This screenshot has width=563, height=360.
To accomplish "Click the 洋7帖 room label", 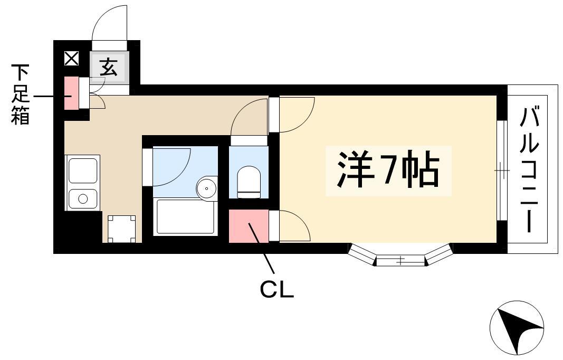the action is point(388,170).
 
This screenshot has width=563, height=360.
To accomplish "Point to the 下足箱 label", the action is point(20,94).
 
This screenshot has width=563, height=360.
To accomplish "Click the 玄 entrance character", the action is point(109,67).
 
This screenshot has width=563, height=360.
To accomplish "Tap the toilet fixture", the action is point(249,182).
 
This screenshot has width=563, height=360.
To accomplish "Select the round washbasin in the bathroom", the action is point(207,187).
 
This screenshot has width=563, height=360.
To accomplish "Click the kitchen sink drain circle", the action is point(83,198).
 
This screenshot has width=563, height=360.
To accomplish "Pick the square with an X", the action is point(71,59).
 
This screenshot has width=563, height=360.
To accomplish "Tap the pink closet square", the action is point(249,226).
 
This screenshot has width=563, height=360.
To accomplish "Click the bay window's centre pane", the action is point(400,260).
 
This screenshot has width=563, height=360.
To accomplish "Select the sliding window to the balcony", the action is point(502,170).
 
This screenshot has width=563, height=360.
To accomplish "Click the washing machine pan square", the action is point(122,229).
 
